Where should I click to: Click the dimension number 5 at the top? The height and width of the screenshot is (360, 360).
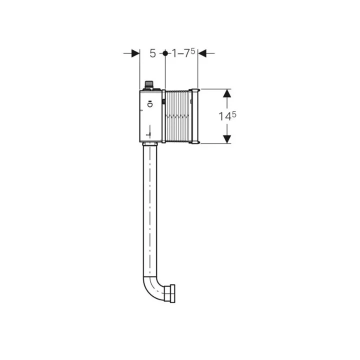(152, 53)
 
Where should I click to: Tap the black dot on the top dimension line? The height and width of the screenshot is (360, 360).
(165, 53)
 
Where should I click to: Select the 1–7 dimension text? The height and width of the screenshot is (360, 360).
(181, 53)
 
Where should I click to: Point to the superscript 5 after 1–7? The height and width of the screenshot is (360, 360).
(192, 51)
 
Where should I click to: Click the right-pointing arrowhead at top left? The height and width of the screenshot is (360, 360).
(135, 53)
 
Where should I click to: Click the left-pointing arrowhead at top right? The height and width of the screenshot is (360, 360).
(202, 53)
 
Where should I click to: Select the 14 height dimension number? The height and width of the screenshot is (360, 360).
(224, 116)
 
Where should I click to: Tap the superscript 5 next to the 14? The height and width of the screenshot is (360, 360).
(233, 114)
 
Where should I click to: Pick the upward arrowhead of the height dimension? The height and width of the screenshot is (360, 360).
(227, 93)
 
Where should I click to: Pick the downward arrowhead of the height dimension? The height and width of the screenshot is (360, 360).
(227, 139)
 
